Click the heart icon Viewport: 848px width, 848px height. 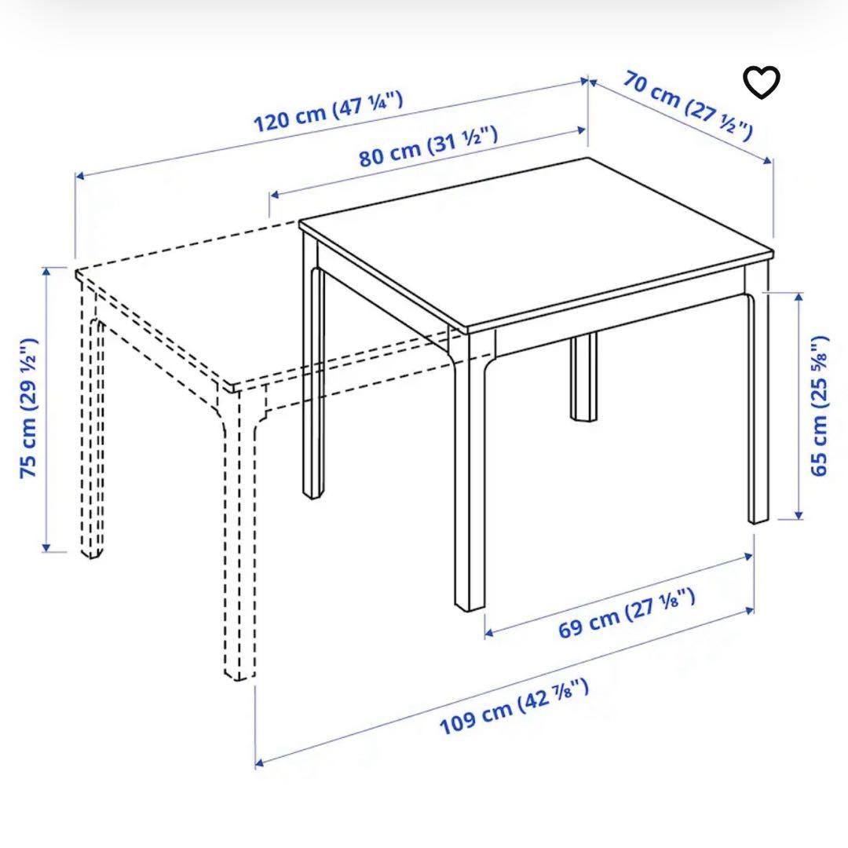coord(762,83)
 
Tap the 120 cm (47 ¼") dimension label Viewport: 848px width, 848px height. coord(328,111)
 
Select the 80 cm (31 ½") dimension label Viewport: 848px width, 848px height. coord(428,146)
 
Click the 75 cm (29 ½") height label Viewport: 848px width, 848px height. coord(29,408)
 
